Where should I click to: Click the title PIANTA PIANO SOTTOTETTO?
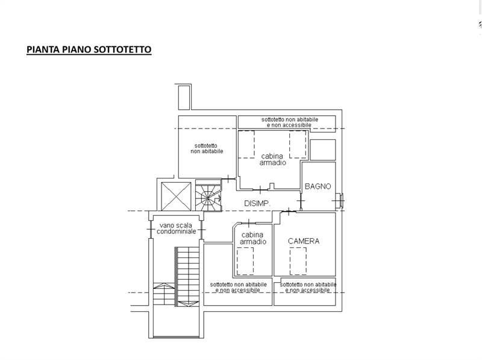(89, 49)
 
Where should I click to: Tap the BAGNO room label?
(318, 186)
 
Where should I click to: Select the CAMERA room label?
(304, 241)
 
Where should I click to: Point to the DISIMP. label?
(257, 203)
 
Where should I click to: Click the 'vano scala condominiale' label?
(176, 229)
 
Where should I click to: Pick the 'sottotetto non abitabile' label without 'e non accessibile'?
(207, 148)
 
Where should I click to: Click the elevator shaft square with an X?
(176, 197)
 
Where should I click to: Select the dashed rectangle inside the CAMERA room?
(298, 261)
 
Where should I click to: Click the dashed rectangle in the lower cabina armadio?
(245, 261)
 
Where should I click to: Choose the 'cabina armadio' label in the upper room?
(272, 159)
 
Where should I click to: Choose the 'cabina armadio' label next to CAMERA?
(253, 238)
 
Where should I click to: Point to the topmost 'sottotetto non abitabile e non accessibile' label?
(290, 122)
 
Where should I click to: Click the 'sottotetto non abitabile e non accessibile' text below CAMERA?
(308, 288)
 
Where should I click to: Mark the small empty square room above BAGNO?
(322, 150)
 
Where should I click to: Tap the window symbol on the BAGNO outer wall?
(339, 201)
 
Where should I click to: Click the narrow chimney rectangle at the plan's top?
(184, 97)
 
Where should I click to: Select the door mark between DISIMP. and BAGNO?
(301, 201)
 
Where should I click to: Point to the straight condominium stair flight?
(187, 276)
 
